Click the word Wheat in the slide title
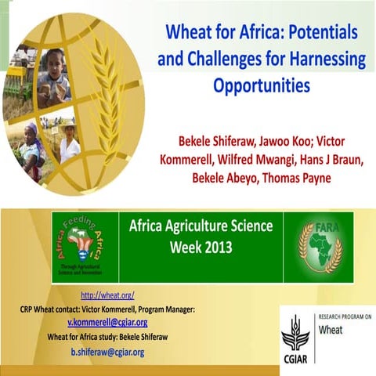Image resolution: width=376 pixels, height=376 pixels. point(189,34)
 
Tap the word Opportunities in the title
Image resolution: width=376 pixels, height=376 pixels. point(258,84)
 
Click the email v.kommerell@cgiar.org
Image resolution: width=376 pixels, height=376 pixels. point(107,323)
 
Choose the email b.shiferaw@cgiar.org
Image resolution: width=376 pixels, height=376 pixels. point(107,352)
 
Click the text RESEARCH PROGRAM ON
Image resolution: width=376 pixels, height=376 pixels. point(344,316)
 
